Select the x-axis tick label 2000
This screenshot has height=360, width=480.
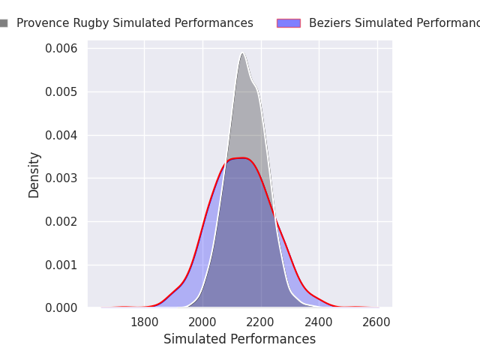point(202,322)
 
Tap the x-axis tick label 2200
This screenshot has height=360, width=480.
point(261,322)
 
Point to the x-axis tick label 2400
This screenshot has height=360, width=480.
point(319,322)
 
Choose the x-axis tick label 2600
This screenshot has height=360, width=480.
point(376,322)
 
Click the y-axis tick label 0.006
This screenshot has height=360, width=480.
point(61,49)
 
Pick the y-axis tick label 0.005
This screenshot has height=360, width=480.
point(61,92)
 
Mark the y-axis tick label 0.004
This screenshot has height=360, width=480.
point(61,135)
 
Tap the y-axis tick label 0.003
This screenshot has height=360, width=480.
point(61,178)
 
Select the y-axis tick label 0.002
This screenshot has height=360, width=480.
point(61,221)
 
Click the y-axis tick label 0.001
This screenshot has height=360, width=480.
point(61,265)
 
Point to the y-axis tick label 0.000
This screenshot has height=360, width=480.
point(61,307)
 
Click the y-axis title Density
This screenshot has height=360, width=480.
point(34,175)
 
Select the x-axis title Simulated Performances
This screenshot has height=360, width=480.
point(239,339)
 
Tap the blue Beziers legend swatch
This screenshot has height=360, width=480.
point(288,23)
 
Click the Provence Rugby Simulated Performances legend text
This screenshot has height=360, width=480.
point(135,23)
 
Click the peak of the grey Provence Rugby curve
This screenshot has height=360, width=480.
point(242,52)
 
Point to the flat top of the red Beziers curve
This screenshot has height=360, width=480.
point(241,157)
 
